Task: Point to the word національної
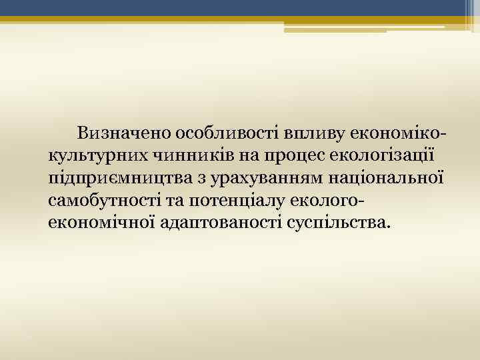388,178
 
